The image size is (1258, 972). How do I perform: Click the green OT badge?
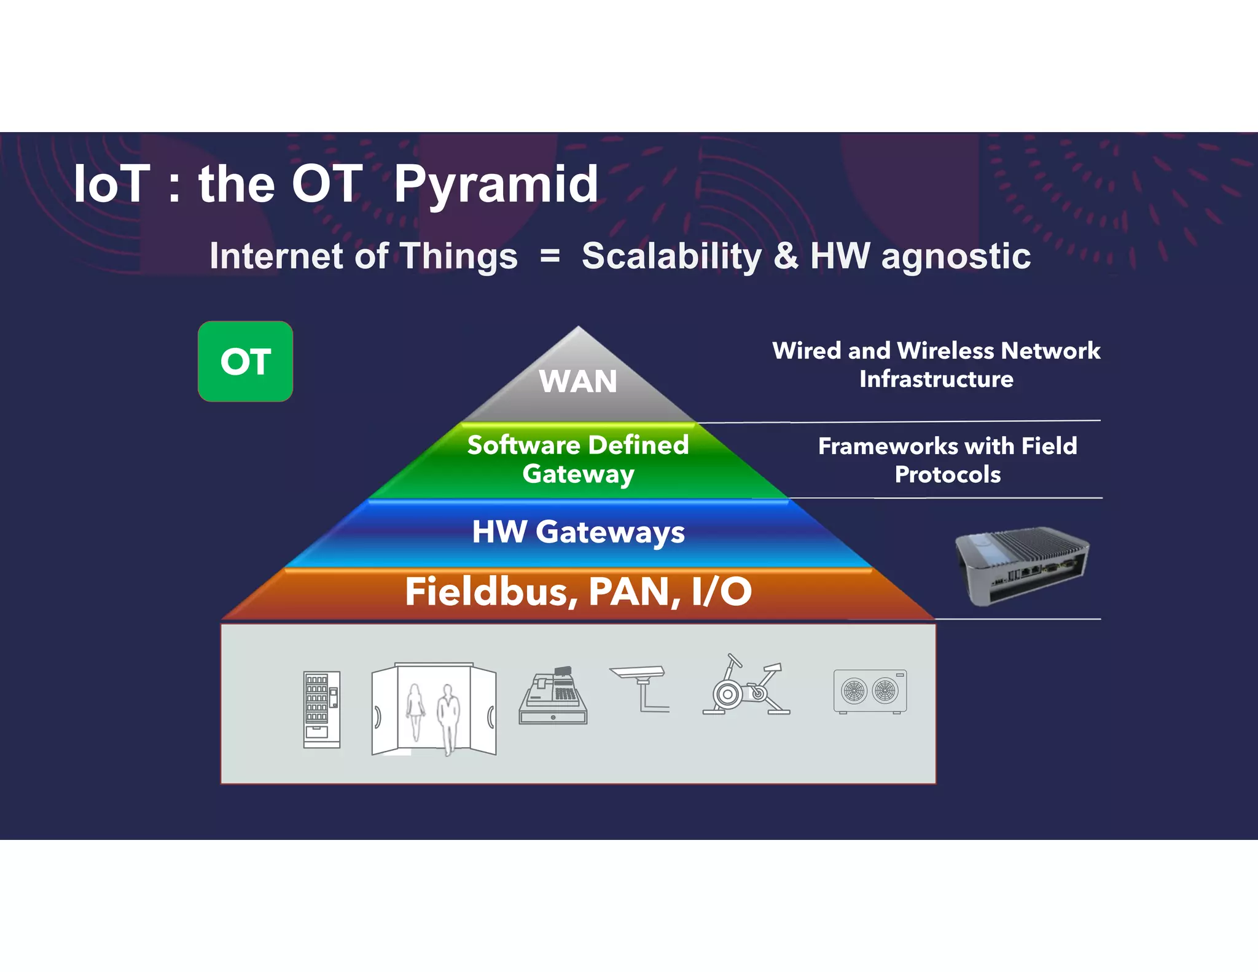pos(245,361)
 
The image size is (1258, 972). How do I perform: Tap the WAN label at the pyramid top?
pos(577,382)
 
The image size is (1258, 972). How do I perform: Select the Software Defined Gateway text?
pos(577,459)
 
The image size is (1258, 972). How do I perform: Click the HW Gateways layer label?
pos(577,531)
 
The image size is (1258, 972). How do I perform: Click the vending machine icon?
pos(321,710)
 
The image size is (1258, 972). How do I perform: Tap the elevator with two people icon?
pos(434,710)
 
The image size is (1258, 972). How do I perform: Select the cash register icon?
pos(553,696)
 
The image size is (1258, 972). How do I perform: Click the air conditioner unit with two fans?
pos(870,691)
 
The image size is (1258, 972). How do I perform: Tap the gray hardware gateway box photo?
pos(1022,565)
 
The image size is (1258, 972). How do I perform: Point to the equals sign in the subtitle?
pos(550,256)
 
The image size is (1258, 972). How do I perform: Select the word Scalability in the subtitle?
pos(671,256)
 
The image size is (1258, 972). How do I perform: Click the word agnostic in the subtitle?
pos(956,256)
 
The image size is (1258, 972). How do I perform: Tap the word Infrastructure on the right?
pos(936,379)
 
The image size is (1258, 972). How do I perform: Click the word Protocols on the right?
pos(947,474)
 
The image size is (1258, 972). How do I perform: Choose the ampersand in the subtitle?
pos(786,256)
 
